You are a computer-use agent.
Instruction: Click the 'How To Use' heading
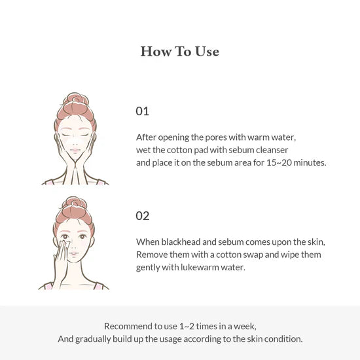click(x=179, y=52)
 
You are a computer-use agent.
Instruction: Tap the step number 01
click(x=142, y=111)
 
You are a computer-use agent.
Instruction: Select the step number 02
click(x=143, y=215)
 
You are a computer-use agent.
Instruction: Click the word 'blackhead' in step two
click(x=180, y=242)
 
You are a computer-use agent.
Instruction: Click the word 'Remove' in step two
click(x=152, y=255)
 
